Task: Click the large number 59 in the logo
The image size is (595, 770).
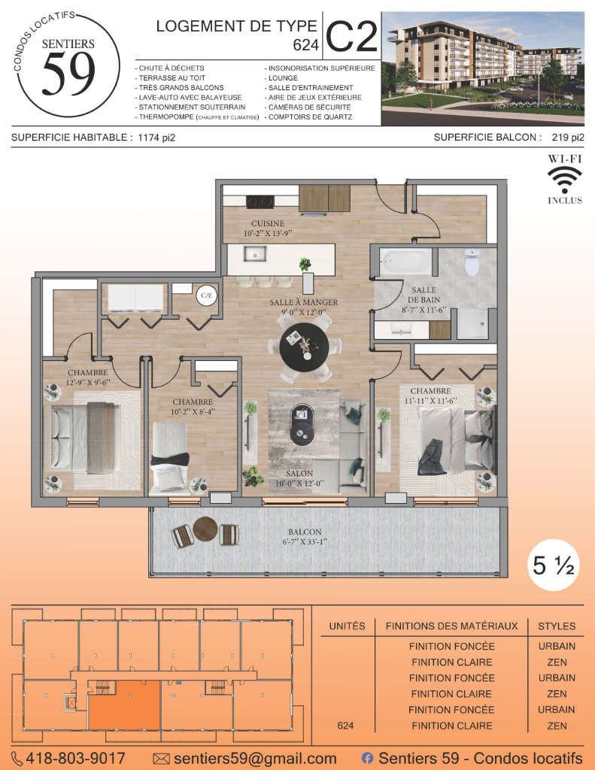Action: (68, 73)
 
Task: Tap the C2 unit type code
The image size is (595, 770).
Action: (352, 36)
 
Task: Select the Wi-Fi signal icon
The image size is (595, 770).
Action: (565, 180)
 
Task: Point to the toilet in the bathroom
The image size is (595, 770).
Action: (472, 262)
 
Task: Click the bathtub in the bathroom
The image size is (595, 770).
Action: (406, 262)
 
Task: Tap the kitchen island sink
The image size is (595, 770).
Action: (254, 254)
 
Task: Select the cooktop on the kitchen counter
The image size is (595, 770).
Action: (260, 202)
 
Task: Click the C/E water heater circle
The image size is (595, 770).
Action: (206, 295)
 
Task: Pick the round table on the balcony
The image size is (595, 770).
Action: (205, 529)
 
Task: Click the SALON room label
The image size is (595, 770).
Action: (299, 474)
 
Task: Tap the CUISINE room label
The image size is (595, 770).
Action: (268, 223)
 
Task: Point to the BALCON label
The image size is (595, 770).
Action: (305, 532)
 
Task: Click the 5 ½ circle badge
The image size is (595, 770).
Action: (553, 565)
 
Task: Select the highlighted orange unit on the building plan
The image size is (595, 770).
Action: (124, 705)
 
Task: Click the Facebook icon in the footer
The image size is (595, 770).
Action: (367, 758)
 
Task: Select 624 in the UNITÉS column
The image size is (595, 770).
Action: (345, 726)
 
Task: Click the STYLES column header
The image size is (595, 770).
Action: (557, 626)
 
